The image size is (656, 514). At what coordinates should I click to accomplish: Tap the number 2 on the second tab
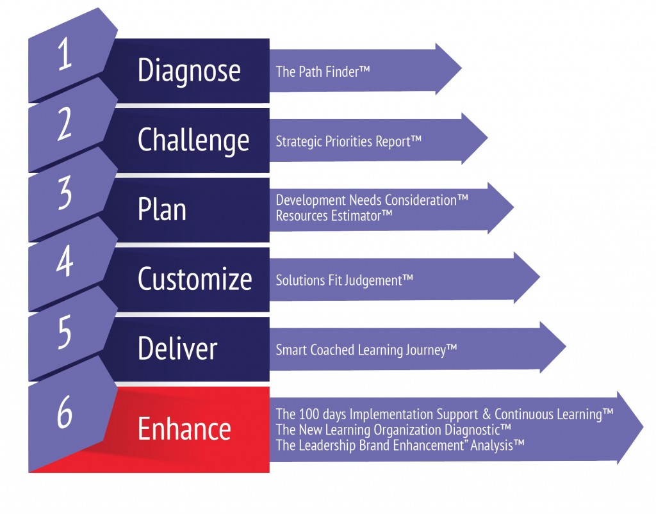(65, 125)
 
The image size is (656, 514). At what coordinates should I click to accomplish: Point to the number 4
(64, 262)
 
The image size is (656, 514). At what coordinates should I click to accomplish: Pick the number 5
(64, 332)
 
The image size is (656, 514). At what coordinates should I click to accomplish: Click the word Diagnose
(189, 70)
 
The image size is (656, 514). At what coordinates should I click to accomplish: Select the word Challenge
(193, 140)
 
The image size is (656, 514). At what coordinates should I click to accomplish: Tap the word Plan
(162, 210)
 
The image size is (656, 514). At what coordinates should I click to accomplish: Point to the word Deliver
(177, 349)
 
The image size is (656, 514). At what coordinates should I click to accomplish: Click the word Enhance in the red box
(184, 428)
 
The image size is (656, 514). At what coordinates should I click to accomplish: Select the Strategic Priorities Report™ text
(348, 141)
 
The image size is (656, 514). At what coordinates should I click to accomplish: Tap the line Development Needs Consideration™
(372, 200)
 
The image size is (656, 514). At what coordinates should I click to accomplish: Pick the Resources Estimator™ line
(334, 216)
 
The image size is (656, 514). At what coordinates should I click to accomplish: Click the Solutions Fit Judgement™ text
(344, 280)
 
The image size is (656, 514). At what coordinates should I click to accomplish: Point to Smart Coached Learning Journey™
(366, 349)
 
